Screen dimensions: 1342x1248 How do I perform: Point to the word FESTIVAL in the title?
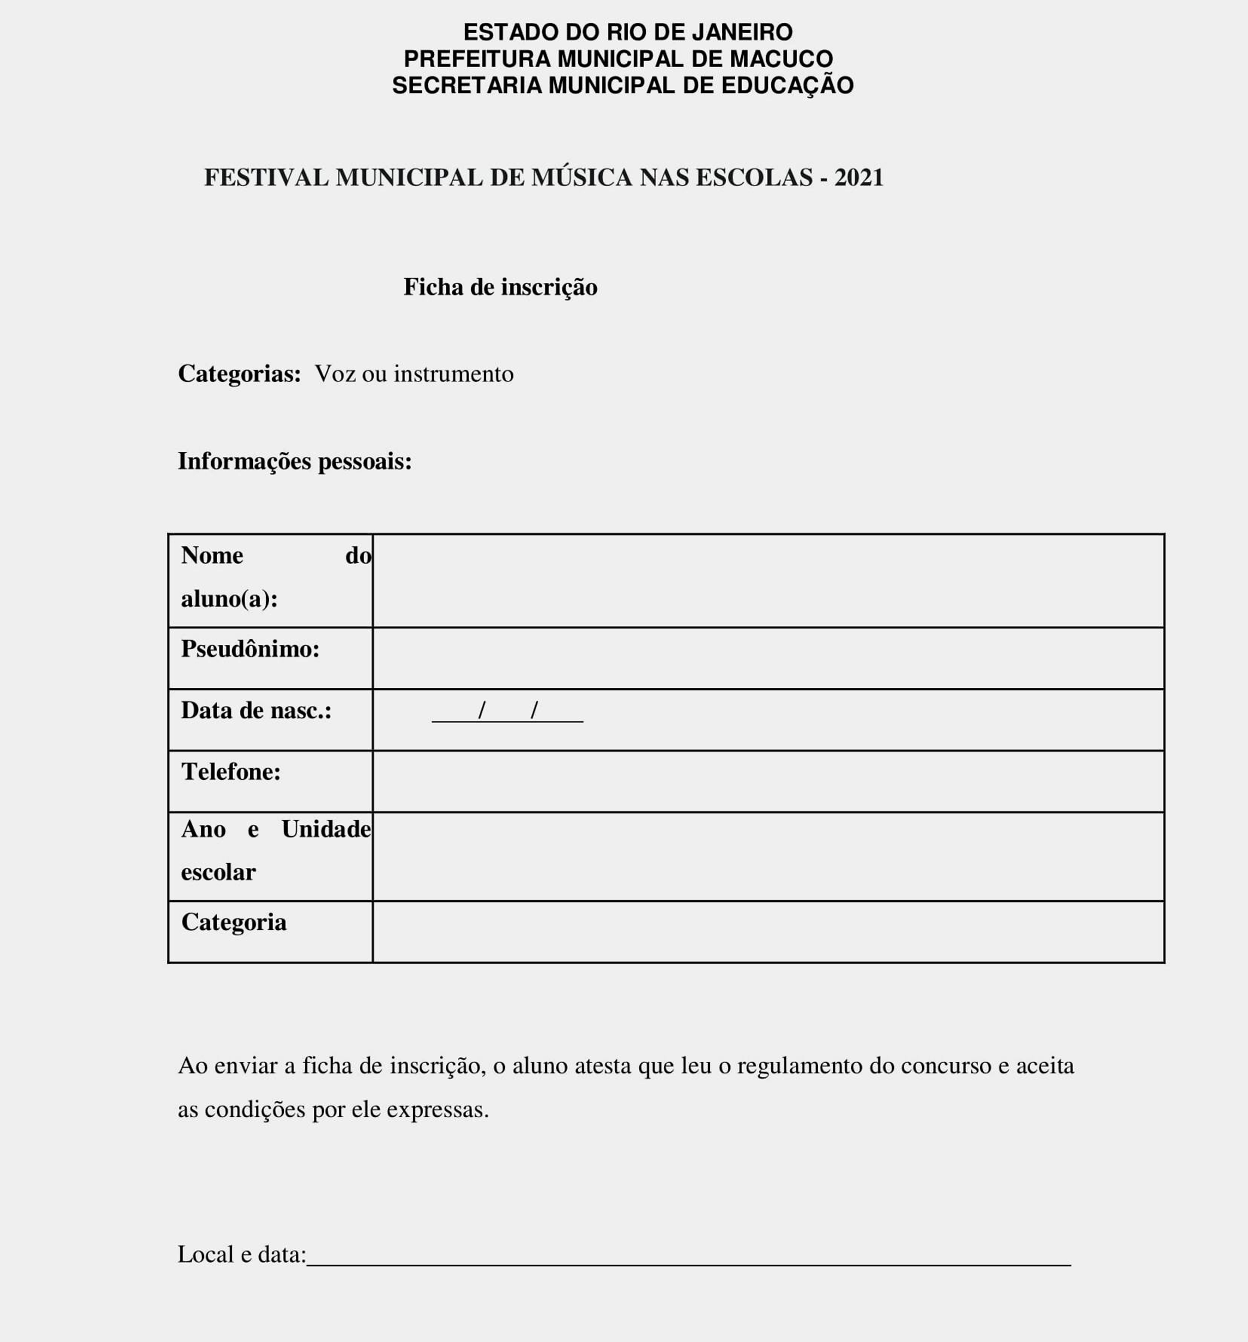[266, 178]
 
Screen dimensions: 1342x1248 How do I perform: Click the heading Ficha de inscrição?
[500, 287]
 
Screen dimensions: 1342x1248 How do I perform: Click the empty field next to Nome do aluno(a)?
[768, 581]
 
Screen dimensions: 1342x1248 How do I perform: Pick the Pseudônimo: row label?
[250, 649]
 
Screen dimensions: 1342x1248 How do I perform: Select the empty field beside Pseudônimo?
[768, 658]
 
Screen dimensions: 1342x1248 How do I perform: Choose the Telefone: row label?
[231, 772]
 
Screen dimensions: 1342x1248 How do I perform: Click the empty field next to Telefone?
[768, 781]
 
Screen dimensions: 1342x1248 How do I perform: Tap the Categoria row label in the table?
[234, 922]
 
